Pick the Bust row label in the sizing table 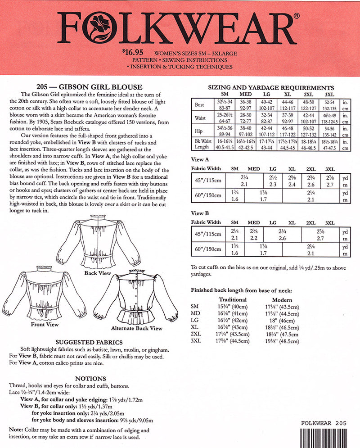click(x=199, y=105)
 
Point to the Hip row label click(x=199, y=131)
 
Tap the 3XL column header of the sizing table click(x=329, y=94)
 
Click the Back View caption click(x=98, y=273)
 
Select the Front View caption click(x=45, y=324)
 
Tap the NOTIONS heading click(x=90, y=379)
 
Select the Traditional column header click(x=232, y=299)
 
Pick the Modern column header click(x=282, y=299)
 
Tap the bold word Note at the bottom click(x=16, y=430)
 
